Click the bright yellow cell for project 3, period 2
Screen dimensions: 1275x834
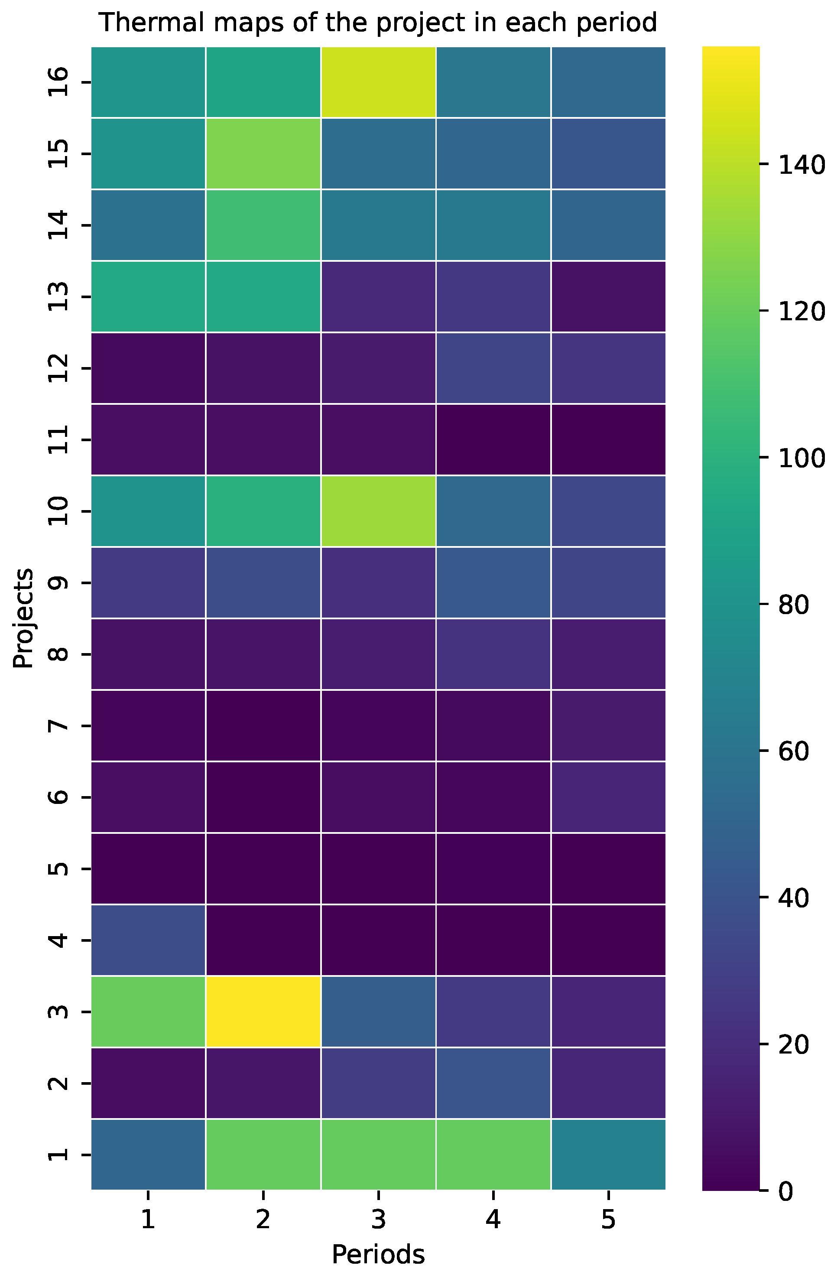click(x=263, y=1012)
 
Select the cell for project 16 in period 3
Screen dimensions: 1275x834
click(x=378, y=82)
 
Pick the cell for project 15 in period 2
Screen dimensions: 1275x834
click(x=263, y=154)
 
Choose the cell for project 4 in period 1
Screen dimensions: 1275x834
click(x=148, y=940)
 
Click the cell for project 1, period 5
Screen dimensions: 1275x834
click(x=608, y=1155)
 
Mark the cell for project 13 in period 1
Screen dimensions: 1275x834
click(x=148, y=297)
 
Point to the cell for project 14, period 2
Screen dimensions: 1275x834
click(x=263, y=225)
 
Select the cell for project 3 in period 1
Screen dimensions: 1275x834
click(x=148, y=1012)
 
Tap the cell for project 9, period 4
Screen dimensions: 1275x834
click(x=493, y=583)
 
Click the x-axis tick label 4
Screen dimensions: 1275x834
click(x=493, y=1220)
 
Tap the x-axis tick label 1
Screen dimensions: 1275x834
click(x=148, y=1220)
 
